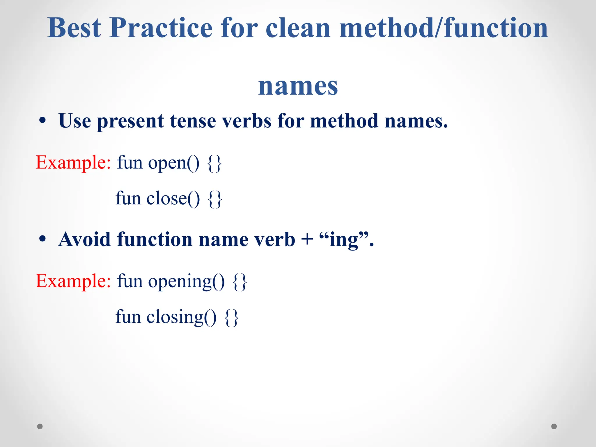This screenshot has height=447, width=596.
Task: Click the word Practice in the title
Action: [x=161, y=28]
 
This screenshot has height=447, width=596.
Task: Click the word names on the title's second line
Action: [x=298, y=86]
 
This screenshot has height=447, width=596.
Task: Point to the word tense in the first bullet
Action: [x=193, y=121]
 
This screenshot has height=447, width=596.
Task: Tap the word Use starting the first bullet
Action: [x=74, y=121]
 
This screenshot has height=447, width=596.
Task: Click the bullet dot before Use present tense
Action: [x=42, y=120]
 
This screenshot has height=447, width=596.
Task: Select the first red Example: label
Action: [x=73, y=162]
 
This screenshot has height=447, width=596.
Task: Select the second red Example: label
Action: [x=73, y=281]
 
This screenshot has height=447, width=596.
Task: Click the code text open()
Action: [x=174, y=163]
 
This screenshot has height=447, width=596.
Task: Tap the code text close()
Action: [x=173, y=199]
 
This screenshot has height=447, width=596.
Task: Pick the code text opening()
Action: [x=186, y=282]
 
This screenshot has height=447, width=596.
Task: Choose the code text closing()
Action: [x=181, y=317]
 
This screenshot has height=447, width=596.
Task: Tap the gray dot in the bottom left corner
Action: [x=40, y=426]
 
